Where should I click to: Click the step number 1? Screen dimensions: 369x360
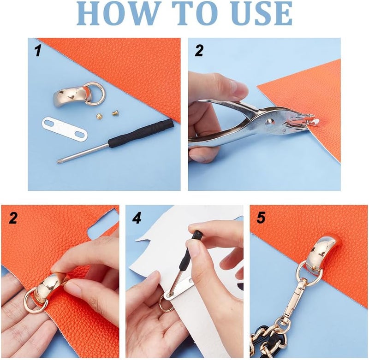click(x=38, y=51)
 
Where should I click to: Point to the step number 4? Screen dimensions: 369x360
click(x=137, y=218)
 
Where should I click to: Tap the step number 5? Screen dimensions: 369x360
click(x=261, y=218)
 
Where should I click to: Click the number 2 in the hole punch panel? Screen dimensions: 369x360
click(x=199, y=51)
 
